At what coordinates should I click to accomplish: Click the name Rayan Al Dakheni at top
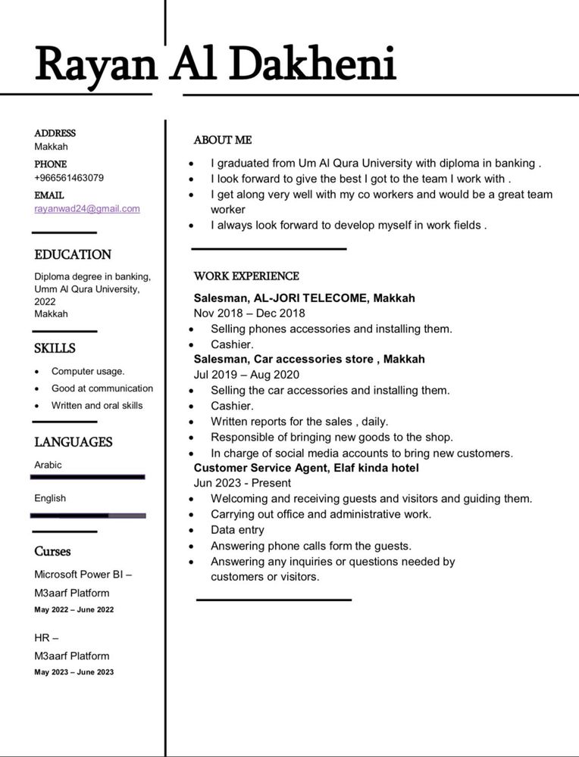tap(215, 64)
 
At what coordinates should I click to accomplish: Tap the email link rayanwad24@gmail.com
tap(87, 209)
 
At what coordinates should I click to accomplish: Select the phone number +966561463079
tap(69, 178)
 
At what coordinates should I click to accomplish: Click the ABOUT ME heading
tap(222, 140)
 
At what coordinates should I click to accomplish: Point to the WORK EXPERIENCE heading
tap(246, 276)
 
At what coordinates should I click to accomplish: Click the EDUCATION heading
tap(73, 255)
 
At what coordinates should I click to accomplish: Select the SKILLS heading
tap(55, 349)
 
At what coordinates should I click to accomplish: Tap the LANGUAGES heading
tap(73, 442)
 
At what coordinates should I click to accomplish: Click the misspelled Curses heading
tap(52, 551)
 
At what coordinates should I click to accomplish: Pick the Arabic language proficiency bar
tap(88, 477)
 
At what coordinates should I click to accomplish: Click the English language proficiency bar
tap(88, 516)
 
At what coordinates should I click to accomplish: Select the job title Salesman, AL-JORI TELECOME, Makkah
tap(304, 298)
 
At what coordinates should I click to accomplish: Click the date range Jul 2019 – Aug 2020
tap(246, 375)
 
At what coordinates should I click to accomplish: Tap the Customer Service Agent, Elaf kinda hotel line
tap(306, 468)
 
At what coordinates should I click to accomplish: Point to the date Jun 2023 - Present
tap(242, 483)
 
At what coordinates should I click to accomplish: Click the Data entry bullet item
tap(237, 530)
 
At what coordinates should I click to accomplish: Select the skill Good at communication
tap(102, 388)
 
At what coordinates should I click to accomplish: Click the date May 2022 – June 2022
tap(74, 609)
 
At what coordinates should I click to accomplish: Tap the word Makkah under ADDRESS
tap(51, 147)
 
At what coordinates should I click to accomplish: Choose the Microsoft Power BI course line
tap(83, 575)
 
